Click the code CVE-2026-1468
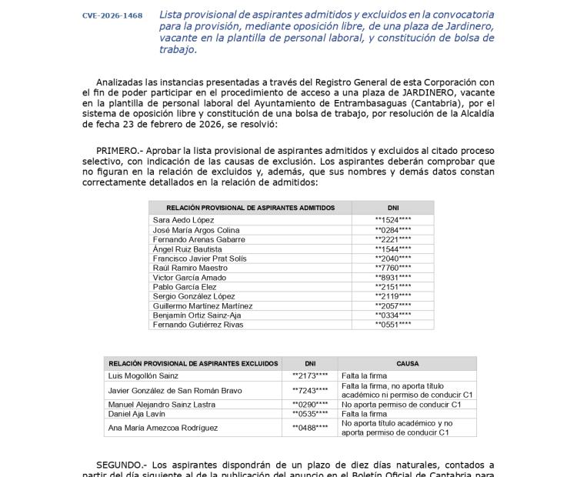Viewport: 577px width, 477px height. (x=112, y=15)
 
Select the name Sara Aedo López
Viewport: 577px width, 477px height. (x=183, y=220)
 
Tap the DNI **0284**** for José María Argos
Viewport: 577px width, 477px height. (x=392, y=230)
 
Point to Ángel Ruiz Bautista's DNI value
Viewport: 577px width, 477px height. (x=392, y=249)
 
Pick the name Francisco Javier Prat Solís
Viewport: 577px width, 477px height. (x=199, y=259)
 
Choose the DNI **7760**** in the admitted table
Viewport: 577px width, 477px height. (x=392, y=268)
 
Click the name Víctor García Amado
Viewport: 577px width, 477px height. (x=189, y=277)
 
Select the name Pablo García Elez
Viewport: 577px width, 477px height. (x=185, y=287)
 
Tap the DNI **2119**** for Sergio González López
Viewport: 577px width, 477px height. (x=392, y=296)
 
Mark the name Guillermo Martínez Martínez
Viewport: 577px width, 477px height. (x=202, y=305)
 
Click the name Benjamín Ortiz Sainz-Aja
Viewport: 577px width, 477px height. (x=196, y=315)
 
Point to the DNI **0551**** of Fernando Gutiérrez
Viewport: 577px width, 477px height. (x=392, y=325)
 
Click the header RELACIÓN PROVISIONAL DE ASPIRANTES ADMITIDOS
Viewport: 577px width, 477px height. (x=250, y=208)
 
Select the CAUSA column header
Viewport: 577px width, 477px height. (x=407, y=363)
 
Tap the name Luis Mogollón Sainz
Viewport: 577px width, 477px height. (x=143, y=375)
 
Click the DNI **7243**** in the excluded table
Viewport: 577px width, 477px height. (x=310, y=391)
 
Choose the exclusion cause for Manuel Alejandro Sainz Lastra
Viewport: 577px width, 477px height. (x=401, y=404)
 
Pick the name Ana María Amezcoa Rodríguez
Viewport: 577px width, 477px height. (x=162, y=428)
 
